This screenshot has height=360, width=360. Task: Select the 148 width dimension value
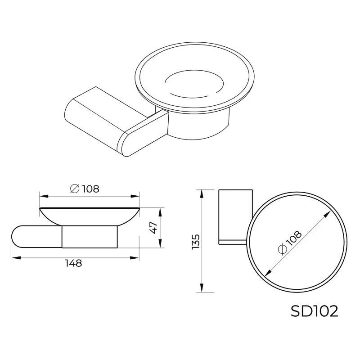pyautogui.click(x=73, y=264)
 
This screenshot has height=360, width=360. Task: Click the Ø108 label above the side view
pyautogui.click(x=85, y=189)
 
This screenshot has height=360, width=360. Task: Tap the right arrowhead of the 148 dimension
pyautogui.click(x=136, y=257)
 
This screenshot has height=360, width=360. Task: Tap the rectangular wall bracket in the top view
pyautogui.click(x=234, y=216)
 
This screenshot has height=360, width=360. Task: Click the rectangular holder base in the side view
pyautogui.click(x=90, y=236)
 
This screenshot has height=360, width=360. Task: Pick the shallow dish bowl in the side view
pyautogui.click(x=89, y=215)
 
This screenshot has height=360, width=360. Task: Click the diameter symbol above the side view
pyautogui.click(x=75, y=189)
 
